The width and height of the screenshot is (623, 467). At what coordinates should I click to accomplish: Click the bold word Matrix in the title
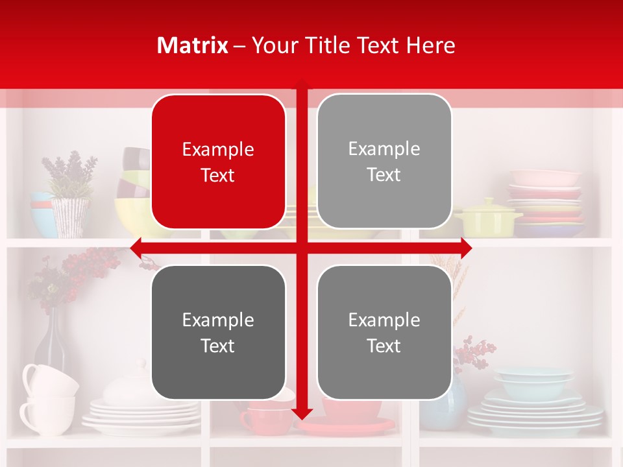pyautogui.click(x=193, y=45)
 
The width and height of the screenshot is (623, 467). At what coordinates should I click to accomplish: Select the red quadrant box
pyautogui.click(x=218, y=162)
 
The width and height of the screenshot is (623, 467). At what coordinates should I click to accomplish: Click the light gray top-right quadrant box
pyautogui.click(x=384, y=162)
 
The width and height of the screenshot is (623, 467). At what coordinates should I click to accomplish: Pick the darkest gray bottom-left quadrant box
pyautogui.click(x=218, y=332)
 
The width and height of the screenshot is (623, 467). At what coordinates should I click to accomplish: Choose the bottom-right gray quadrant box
pyautogui.click(x=384, y=332)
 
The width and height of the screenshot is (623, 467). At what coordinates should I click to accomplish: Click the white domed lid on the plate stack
pyautogui.click(x=130, y=386)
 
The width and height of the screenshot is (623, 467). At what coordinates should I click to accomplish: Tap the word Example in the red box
pyautogui.click(x=218, y=149)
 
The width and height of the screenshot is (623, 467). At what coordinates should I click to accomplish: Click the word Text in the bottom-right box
pyautogui.click(x=384, y=346)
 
